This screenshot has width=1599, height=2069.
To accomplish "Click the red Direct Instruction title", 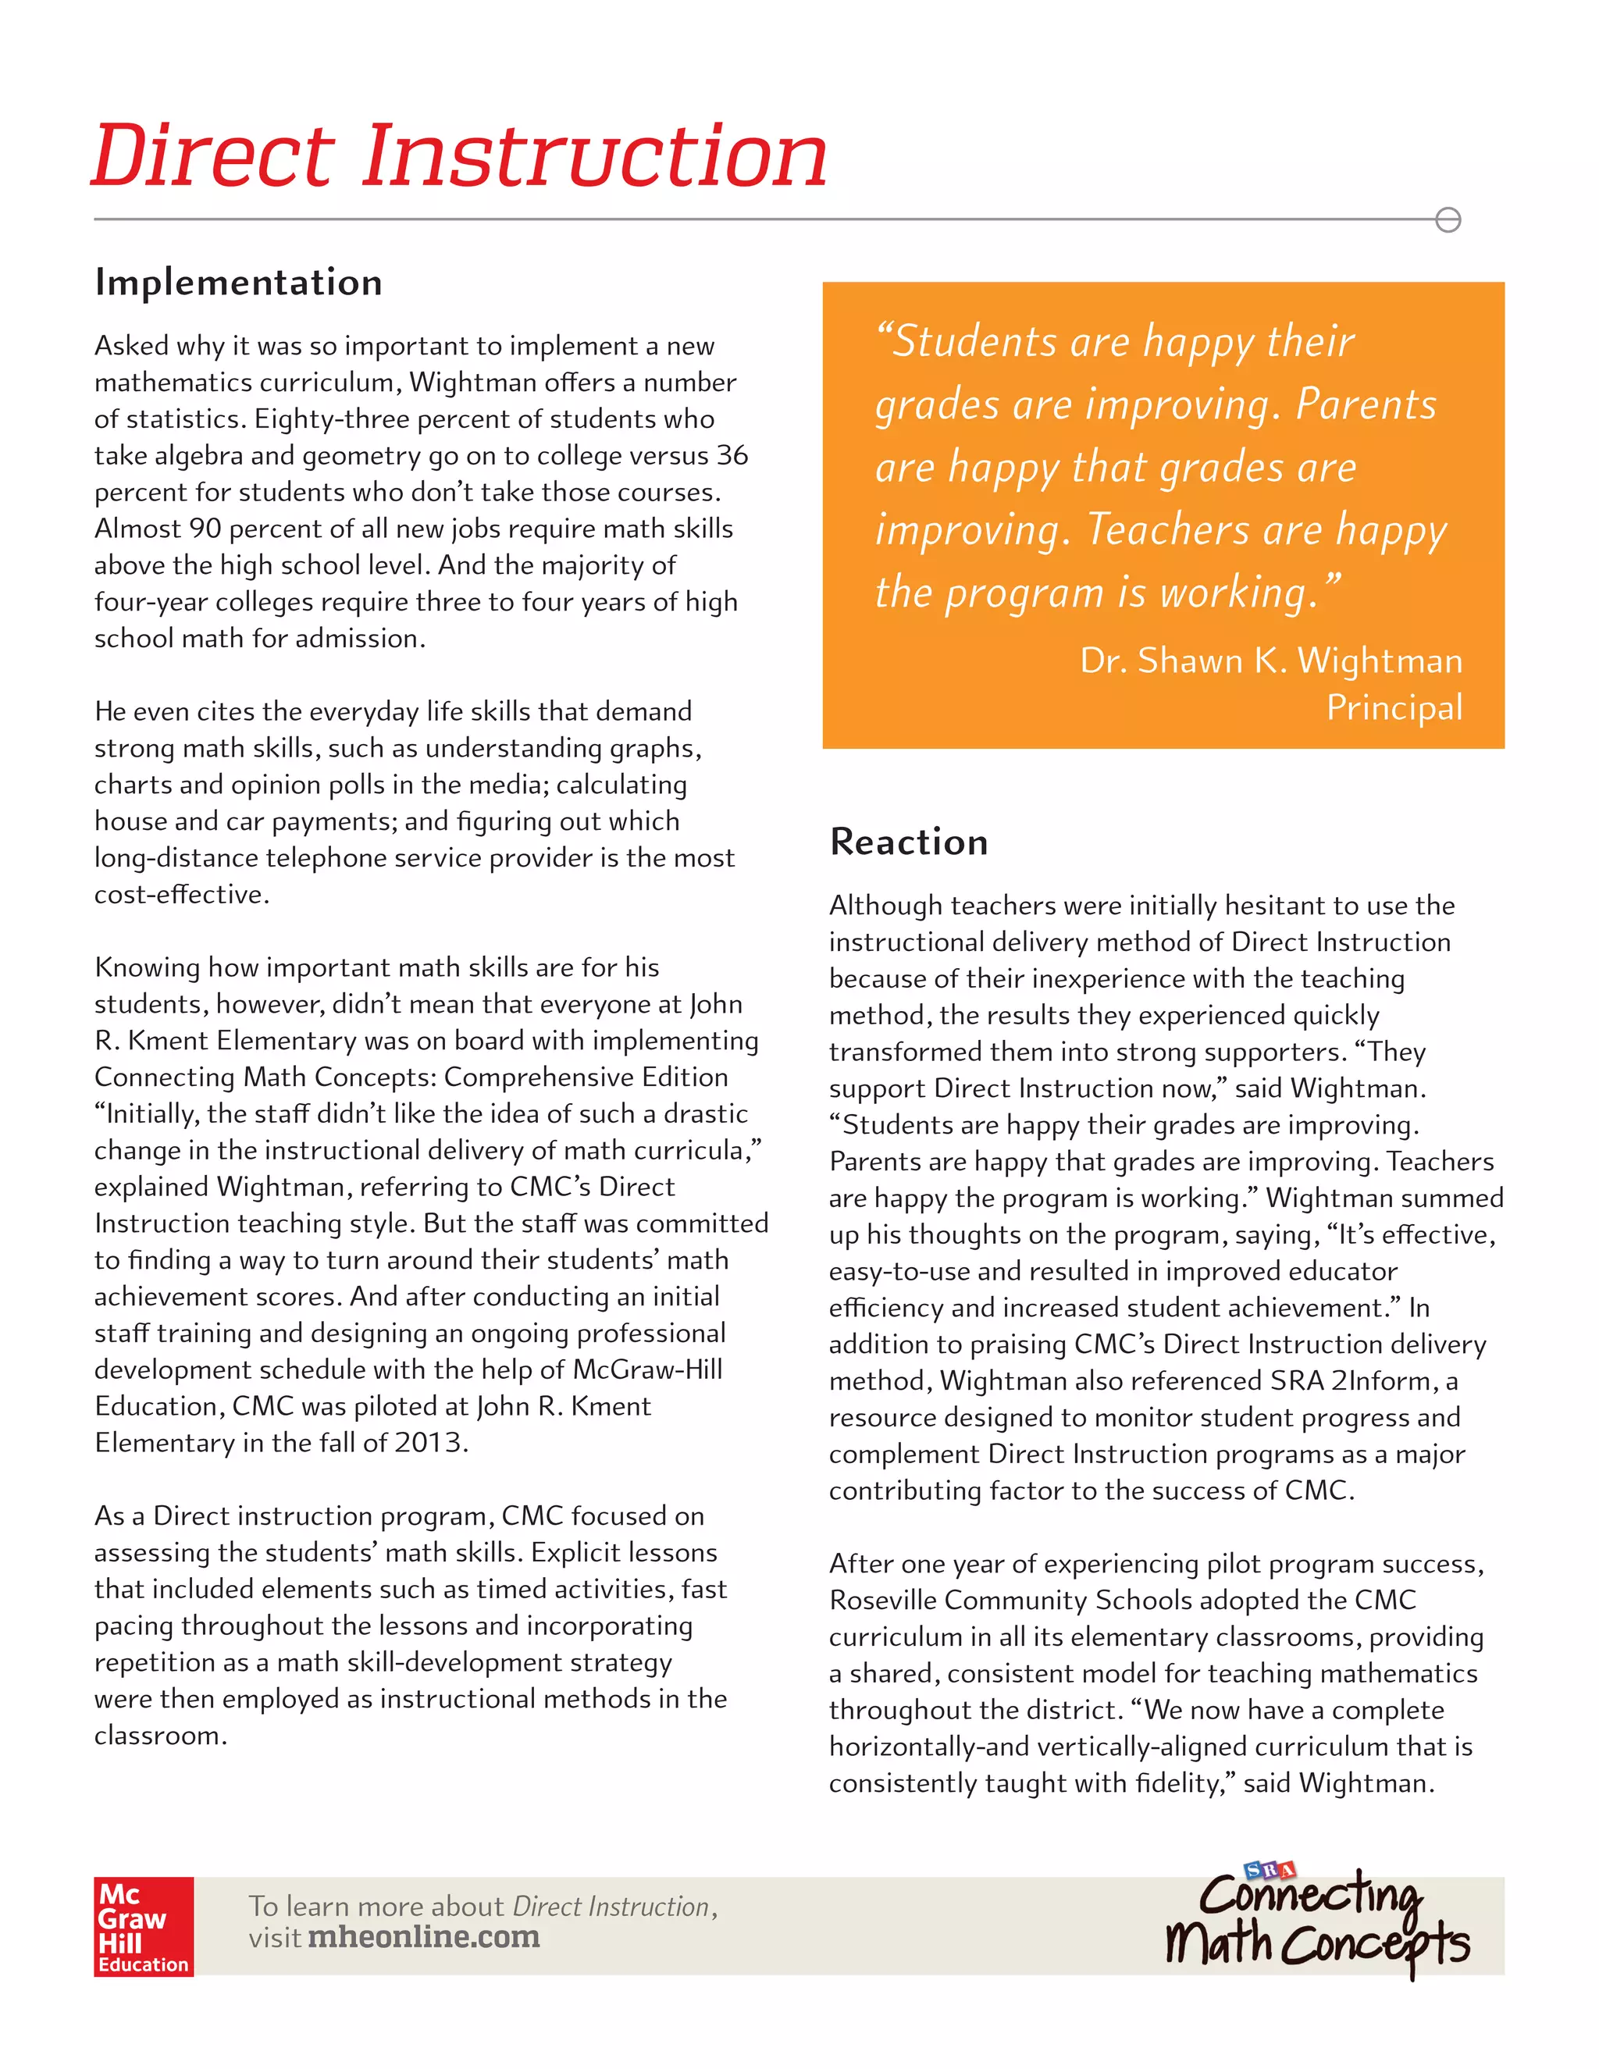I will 459,156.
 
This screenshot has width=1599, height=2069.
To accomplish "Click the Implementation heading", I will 239,283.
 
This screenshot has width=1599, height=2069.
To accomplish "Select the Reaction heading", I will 909,841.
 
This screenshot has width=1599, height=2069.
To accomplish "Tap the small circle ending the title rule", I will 1448,220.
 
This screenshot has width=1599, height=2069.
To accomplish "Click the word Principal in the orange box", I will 1394,707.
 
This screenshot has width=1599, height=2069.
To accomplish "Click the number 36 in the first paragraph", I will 732,456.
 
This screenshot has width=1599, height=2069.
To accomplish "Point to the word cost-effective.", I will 181,894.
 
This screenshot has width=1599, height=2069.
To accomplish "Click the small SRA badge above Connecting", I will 1270,1870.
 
